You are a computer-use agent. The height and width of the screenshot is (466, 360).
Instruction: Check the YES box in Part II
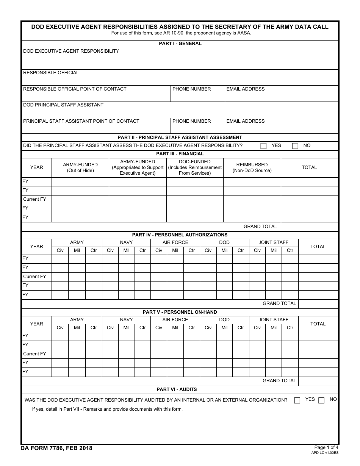[x=263, y=146]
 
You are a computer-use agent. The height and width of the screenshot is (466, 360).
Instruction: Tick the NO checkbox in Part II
[x=295, y=146]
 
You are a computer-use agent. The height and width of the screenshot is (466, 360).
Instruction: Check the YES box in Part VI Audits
[x=297, y=400]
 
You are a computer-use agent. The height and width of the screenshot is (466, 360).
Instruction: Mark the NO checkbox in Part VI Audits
[x=321, y=400]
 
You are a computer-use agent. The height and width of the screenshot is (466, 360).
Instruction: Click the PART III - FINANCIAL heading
[x=180, y=154]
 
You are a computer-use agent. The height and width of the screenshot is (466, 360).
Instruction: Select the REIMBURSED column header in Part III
[x=252, y=167]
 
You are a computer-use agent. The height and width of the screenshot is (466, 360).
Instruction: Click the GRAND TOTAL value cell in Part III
[x=310, y=227]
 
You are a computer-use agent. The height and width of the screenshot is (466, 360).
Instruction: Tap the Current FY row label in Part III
[x=34, y=199]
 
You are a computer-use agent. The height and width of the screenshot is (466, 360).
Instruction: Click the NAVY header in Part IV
[x=126, y=242]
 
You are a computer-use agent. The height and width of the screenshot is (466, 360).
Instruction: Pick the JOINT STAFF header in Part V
[x=273, y=320]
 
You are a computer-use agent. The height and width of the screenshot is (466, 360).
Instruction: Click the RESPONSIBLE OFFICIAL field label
[x=51, y=73]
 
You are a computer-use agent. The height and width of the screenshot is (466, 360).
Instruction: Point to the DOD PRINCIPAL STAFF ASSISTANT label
[x=63, y=105]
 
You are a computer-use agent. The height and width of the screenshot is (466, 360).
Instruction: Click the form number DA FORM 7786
[x=56, y=449]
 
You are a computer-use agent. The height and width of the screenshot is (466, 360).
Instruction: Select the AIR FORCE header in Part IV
[x=175, y=242]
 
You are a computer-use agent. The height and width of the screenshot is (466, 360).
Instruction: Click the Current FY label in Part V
[x=34, y=354]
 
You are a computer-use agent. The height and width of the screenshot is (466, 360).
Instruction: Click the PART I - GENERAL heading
[x=180, y=44]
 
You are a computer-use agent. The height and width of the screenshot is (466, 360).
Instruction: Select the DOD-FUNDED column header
[x=195, y=167]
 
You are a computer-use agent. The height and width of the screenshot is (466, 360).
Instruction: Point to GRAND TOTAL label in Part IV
[x=279, y=303]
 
